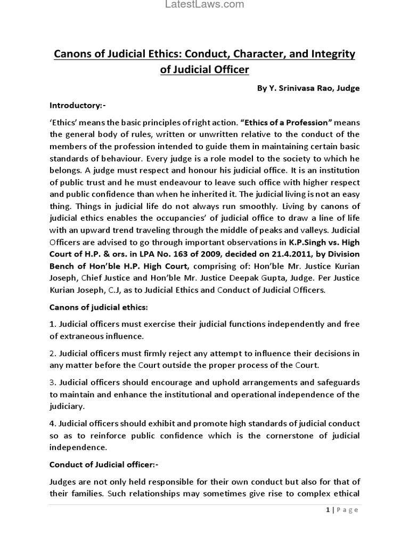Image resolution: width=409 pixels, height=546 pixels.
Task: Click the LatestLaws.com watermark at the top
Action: pyautogui.click(x=204, y=5)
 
